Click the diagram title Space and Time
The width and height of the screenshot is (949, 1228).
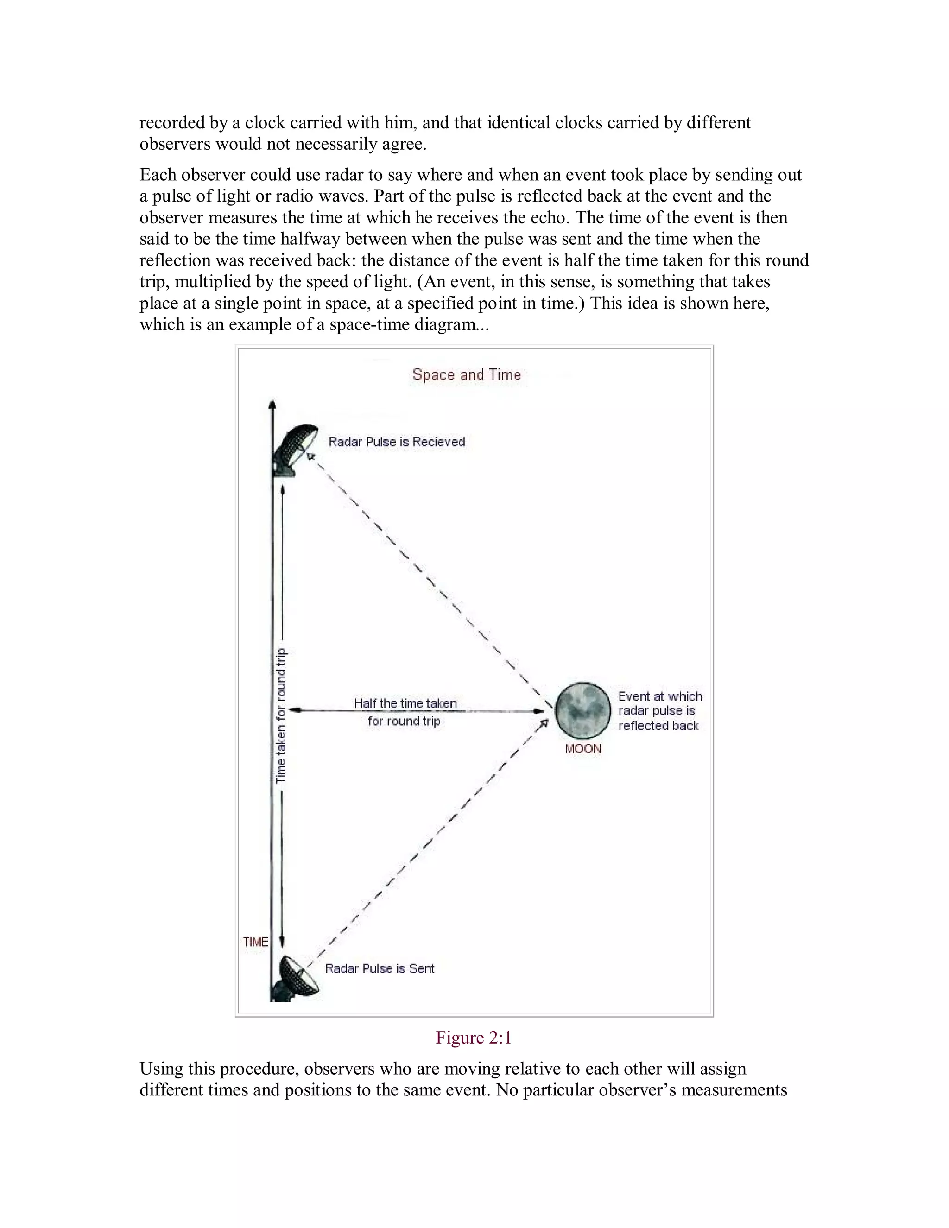pos(467,374)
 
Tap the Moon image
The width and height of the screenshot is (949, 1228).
pos(582,711)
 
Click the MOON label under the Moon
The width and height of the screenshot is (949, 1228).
pos(583,749)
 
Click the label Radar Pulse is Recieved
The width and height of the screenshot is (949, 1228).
pos(397,442)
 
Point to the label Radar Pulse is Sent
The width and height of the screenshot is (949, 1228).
pos(380,968)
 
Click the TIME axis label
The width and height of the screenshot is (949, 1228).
pos(255,942)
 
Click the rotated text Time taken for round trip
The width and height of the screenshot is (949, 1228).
pos(281,715)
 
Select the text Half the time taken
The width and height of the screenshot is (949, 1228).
pos(405,703)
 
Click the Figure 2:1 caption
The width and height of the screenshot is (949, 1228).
pos(474,1038)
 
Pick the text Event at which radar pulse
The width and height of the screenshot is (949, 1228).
pos(660,704)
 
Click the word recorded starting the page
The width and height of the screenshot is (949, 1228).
pos(172,123)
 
